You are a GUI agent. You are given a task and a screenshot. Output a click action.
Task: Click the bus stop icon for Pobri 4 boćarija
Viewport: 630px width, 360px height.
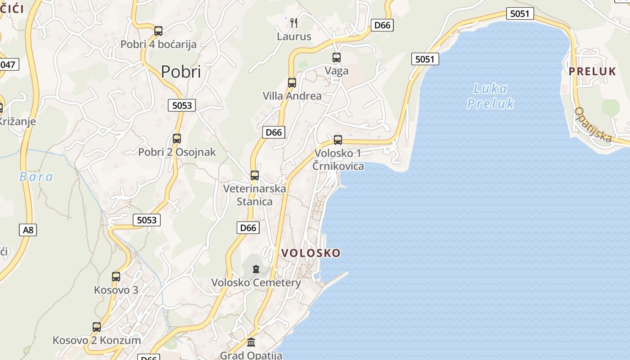point(158,31)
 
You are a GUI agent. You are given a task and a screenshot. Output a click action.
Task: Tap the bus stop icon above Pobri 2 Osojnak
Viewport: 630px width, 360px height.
point(177,139)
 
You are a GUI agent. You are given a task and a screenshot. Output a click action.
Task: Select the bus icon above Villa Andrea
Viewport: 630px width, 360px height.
point(292,83)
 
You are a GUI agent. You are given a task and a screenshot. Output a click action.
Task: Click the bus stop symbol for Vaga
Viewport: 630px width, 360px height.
point(337,58)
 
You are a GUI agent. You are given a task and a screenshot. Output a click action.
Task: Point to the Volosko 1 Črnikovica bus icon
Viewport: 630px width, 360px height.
point(338,140)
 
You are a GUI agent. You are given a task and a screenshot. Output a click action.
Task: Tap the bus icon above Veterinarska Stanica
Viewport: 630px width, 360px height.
point(255,175)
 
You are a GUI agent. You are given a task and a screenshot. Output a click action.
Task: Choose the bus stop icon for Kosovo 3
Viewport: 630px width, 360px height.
point(116,277)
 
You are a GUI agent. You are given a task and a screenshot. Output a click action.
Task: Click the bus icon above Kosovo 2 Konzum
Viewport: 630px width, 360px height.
point(97,327)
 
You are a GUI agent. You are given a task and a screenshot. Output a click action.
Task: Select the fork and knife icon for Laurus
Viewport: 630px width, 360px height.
point(294,22)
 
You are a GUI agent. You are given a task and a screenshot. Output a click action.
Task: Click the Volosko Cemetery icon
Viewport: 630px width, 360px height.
point(256,269)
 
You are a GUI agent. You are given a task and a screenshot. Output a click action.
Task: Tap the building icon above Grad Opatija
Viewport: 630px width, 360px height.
point(251,342)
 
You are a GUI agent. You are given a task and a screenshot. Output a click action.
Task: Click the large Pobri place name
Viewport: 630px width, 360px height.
point(181,72)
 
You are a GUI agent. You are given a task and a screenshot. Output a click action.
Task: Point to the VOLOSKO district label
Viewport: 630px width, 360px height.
point(311,253)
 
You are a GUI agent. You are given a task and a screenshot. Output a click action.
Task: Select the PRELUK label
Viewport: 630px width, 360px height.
point(592,71)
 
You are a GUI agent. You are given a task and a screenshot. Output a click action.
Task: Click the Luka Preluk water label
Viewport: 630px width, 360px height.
point(490,96)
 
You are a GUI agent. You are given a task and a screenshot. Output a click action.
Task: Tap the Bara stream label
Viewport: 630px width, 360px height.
point(36,177)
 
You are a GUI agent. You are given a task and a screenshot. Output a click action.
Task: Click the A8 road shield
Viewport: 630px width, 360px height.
point(28,230)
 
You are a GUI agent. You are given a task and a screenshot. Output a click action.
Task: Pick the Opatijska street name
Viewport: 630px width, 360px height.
point(594,124)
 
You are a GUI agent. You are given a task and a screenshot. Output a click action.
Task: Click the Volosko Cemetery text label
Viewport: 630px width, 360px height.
point(256,283)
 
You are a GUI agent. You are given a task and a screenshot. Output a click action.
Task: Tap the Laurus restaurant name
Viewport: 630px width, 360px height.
point(294,36)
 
